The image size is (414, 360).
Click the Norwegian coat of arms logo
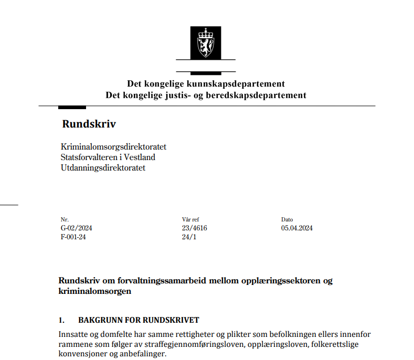coord(206,43)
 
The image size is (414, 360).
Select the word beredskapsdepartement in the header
coord(259,96)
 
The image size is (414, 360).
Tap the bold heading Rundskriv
coord(89,124)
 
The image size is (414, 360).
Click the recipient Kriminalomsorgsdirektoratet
coord(113,147)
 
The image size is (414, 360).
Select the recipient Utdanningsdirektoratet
coord(103,168)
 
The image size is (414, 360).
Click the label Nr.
coord(65,219)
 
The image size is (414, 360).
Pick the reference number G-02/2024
coord(77,228)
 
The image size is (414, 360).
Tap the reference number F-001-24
coord(74,237)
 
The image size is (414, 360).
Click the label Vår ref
coord(190,219)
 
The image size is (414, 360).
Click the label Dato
coord(287,219)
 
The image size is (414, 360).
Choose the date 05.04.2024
coord(297,228)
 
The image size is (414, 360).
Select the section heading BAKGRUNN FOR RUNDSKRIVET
coord(139,320)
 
